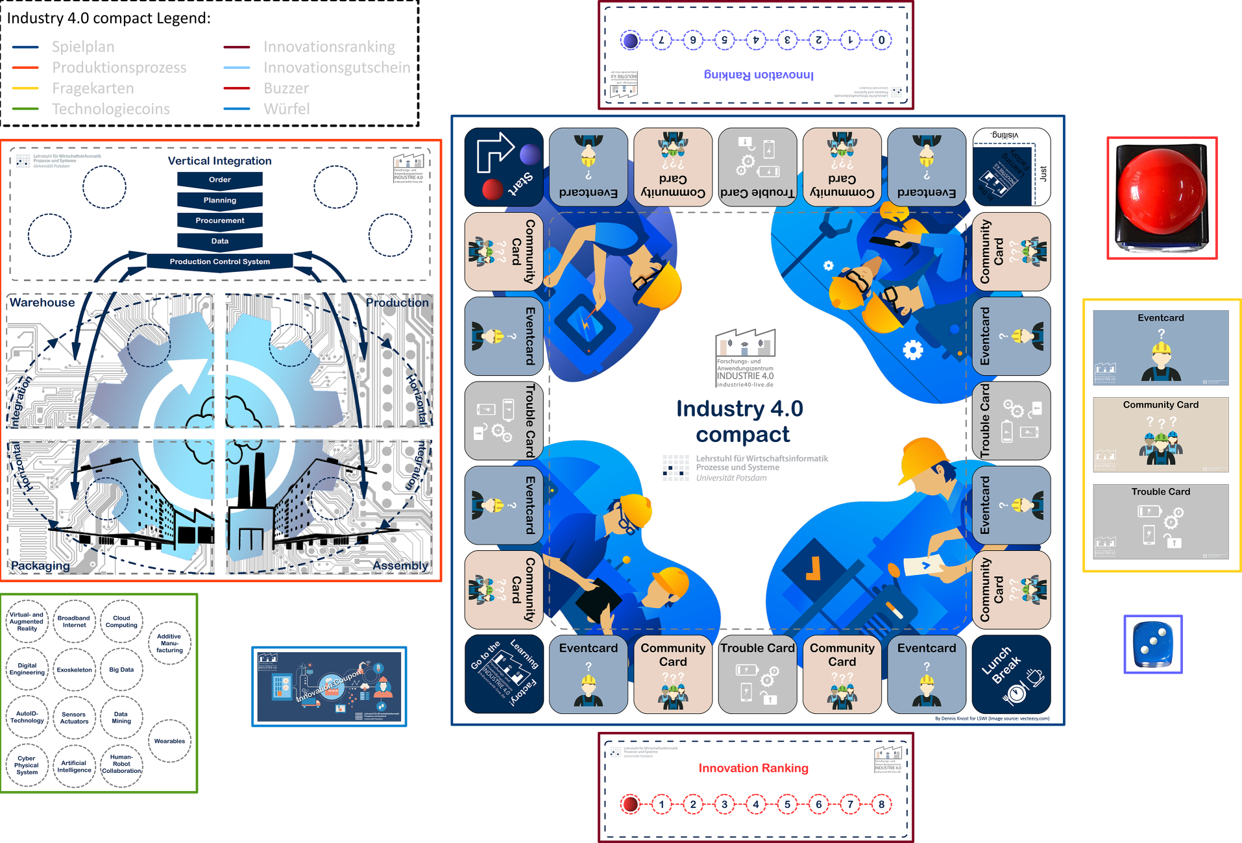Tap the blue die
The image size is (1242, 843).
[1152, 644]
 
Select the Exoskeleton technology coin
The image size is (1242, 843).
[74, 670]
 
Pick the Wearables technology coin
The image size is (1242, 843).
[169, 740]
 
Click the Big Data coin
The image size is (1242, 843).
[121, 670]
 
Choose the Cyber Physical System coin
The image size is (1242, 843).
[27, 765]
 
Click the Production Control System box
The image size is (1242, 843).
[219, 262]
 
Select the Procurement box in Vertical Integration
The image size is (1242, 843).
[219, 221]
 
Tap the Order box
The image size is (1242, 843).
[219, 180]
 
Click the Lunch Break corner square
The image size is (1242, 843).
[1011, 674]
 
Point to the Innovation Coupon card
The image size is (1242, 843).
[329, 687]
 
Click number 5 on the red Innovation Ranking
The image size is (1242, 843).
[787, 804]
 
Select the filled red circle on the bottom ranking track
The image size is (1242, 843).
[629, 804]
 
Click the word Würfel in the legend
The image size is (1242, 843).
[286, 109]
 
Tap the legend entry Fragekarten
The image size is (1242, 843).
[93, 88]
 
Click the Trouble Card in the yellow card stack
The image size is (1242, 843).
[1160, 521]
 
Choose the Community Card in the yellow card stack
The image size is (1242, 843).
[1160, 434]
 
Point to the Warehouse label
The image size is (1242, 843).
[42, 302]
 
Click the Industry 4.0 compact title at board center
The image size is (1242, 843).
[740, 421]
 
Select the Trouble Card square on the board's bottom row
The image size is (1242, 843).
[757, 674]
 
